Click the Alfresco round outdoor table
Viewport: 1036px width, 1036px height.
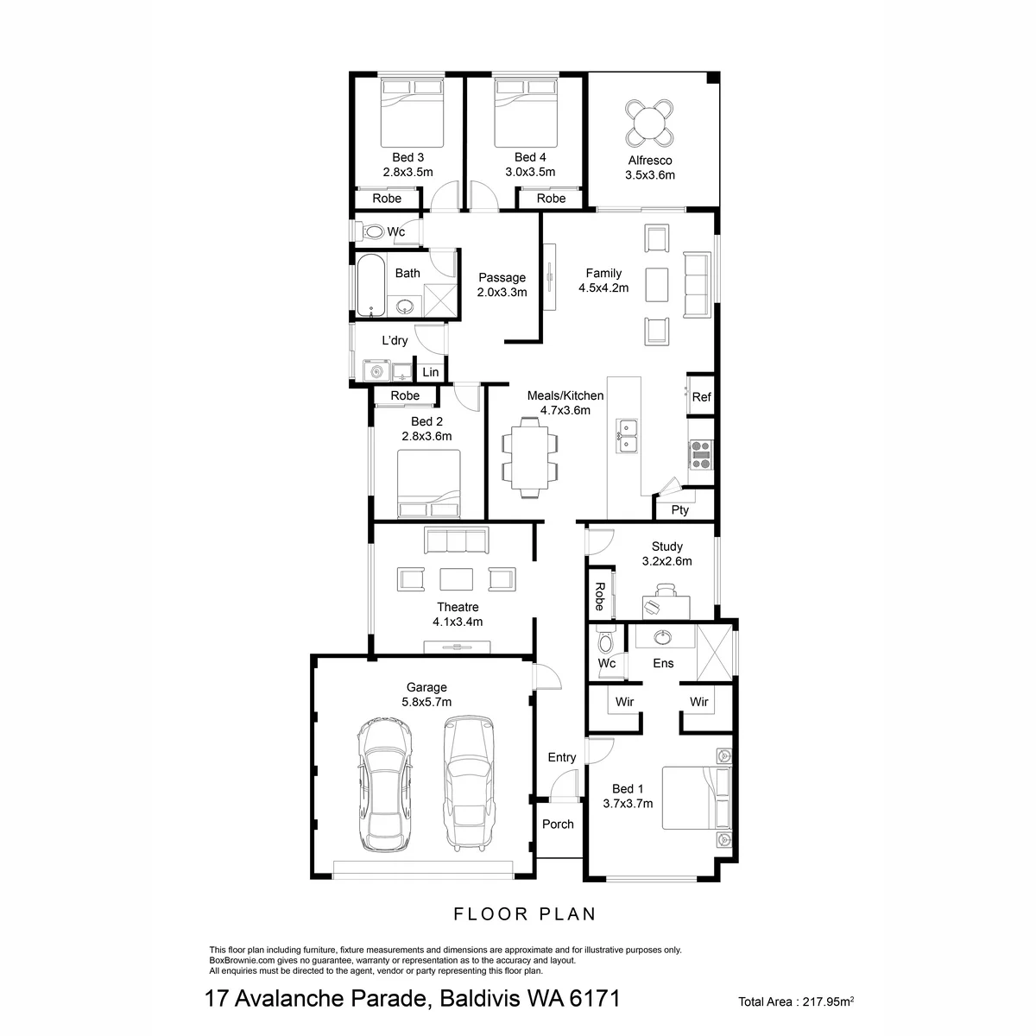(649, 123)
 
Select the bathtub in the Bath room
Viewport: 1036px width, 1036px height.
(371, 286)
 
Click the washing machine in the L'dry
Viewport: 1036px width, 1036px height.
(376, 371)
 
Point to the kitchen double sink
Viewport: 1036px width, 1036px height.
(627, 435)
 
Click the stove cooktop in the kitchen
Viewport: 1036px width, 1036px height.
(700, 455)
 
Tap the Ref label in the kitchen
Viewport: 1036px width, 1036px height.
(701, 397)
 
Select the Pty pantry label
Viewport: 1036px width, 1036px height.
(680, 509)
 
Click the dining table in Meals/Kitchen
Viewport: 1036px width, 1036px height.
(529, 458)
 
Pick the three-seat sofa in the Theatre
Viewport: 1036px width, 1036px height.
(457, 540)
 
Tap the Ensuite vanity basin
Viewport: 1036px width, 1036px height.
(661, 638)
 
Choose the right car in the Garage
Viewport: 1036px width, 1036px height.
(469, 783)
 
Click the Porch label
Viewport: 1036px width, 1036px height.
(558, 824)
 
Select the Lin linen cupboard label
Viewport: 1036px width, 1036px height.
(430, 372)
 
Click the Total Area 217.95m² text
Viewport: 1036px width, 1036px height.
(796, 1001)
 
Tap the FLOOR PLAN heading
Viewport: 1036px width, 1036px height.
(525, 914)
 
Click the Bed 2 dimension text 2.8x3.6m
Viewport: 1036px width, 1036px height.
(426, 436)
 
